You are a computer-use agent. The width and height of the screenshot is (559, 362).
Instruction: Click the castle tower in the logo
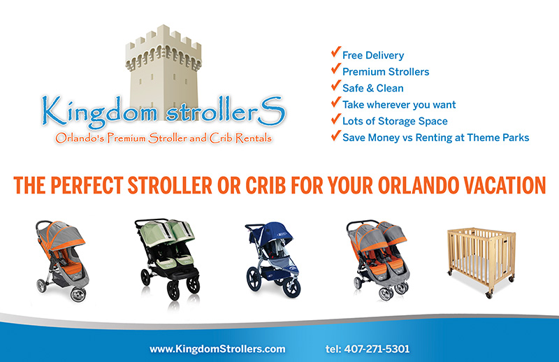point(164,71)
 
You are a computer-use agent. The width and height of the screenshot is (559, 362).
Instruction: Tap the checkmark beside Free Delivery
point(336,52)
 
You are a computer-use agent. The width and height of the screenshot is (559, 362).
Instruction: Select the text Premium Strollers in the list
point(386,72)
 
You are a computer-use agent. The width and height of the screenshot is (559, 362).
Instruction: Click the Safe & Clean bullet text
point(373,88)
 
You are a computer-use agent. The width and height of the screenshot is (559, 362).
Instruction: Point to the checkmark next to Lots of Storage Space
point(336,119)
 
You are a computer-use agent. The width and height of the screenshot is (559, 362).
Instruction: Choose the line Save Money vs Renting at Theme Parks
point(435,137)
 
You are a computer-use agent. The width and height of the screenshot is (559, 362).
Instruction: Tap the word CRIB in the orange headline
point(266,185)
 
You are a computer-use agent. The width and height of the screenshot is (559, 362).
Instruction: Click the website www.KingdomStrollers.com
point(217,349)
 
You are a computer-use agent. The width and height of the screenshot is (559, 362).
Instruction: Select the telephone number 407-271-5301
point(377,349)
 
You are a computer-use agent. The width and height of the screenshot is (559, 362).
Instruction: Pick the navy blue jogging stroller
point(273,260)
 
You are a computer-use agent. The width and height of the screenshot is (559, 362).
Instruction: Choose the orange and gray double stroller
point(378,260)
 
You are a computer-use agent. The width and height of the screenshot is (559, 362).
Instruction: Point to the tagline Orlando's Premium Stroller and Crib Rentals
point(164,138)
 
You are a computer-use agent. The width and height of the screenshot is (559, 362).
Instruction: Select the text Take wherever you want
point(399,105)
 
